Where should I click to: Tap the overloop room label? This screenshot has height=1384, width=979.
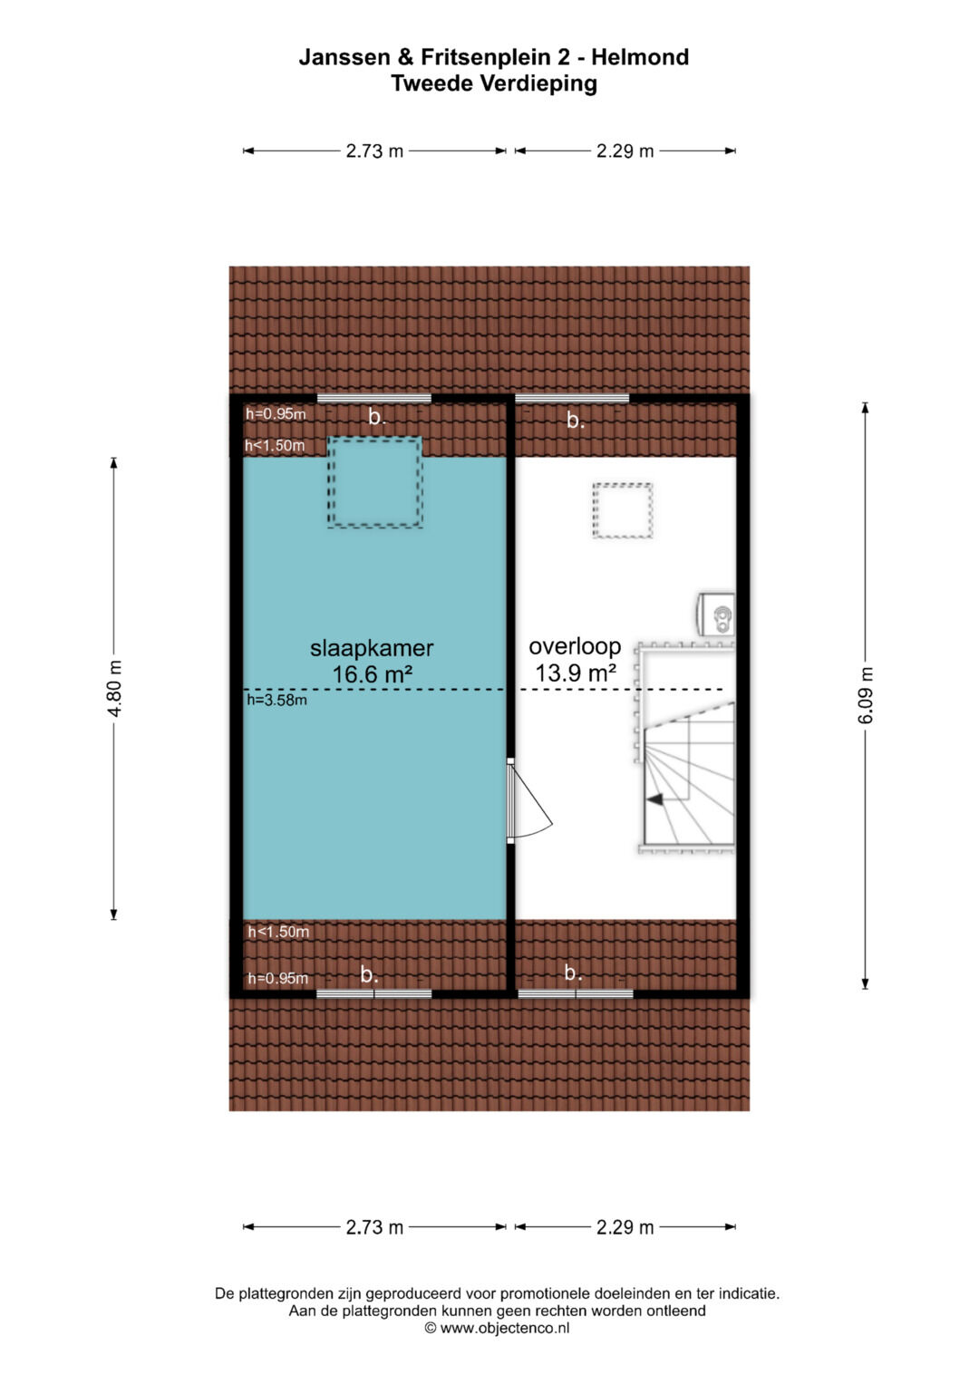tap(575, 646)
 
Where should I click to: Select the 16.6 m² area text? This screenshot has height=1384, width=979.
tap(372, 674)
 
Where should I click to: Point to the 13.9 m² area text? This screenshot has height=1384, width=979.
tap(576, 673)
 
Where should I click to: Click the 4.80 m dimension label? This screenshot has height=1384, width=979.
tap(114, 688)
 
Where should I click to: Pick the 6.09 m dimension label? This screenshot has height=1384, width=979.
tap(866, 696)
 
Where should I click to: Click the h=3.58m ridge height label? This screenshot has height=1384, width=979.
tap(276, 700)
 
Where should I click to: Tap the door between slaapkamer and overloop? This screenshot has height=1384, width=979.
tap(528, 800)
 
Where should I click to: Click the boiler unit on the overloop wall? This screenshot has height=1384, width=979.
tap(717, 614)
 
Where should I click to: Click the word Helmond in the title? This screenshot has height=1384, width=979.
tap(640, 57)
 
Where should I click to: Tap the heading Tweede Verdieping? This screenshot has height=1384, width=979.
tap(494, 83)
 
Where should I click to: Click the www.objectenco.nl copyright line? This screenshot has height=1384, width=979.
tap(497, 1328)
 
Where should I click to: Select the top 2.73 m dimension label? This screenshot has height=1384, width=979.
tap(374, 150)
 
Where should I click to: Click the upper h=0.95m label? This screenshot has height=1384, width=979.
tap(276, 414)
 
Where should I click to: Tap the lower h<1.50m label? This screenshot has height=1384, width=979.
tap(278, 932)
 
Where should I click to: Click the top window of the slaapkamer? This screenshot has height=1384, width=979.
tap(374, 399)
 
